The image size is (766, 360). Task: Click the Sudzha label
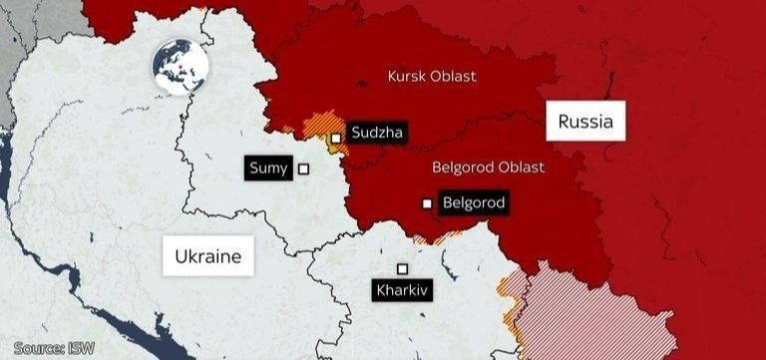(378, 131)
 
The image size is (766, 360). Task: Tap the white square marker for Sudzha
(337, 138)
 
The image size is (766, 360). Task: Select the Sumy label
(268, 169)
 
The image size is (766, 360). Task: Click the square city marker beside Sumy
(303, 170)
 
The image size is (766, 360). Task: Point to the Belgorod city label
(474, 203)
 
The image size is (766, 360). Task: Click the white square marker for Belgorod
(427, 203)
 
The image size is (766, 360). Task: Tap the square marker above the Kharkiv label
(402, 268)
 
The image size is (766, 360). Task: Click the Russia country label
(584, 124)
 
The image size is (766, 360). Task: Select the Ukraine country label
(207, 256)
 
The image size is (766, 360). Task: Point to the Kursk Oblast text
(431, 76)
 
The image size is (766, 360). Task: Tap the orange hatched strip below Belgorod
(439, 237)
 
